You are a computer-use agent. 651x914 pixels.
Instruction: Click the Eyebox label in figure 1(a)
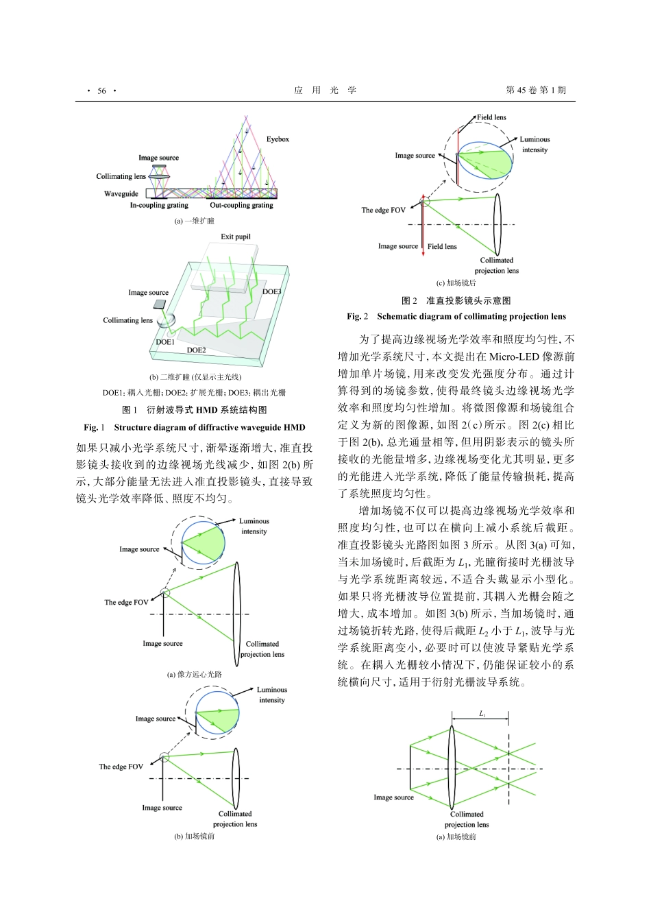pyautogui.click(x=278, y=139)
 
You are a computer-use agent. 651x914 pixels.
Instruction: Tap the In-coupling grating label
pyautogui.click(x=159, y=205)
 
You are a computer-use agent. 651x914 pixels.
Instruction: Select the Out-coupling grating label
pyautogui.click(x=241, y=205)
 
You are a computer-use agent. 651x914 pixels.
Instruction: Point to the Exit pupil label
pyautogui.click(x=236, y=237)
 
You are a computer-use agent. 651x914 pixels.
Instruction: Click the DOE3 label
pyautogui.click(x=272, y=291)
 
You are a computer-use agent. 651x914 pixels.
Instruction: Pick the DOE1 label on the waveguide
pyautogui.click(x=165, y=341)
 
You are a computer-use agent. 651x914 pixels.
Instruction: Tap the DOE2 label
pyautogui.click(x=196, y=350)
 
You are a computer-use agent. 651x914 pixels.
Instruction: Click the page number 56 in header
pyautogui.click(x=101, y=91)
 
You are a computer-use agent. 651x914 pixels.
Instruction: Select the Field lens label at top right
pyautogui.click(x=491, y=117)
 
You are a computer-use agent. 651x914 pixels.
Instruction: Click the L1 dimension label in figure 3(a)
pyautogui.click(x=482, y=714)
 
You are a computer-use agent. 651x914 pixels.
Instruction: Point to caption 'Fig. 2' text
pyautogui.click(x=357, y=316)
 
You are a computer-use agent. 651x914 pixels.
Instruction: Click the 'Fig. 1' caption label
pyautogui.click(x=94, y=427)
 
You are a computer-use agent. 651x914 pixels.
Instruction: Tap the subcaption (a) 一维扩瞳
pyautogui.click(x=194, y=221)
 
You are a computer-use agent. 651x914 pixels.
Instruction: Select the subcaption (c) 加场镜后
pyautogui.click(x=456, y=282)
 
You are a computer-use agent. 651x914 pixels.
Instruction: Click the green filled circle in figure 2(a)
pyautogui.click(x=204, y=544)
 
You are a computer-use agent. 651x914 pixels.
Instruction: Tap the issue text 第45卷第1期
pyautogui.click(x=536, y=91)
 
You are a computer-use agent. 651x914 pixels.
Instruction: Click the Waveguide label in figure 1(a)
pyautogui.click(x=121, y=194)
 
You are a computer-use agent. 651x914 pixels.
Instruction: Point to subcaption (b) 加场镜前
pyautogui.click(x=194, y=836)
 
